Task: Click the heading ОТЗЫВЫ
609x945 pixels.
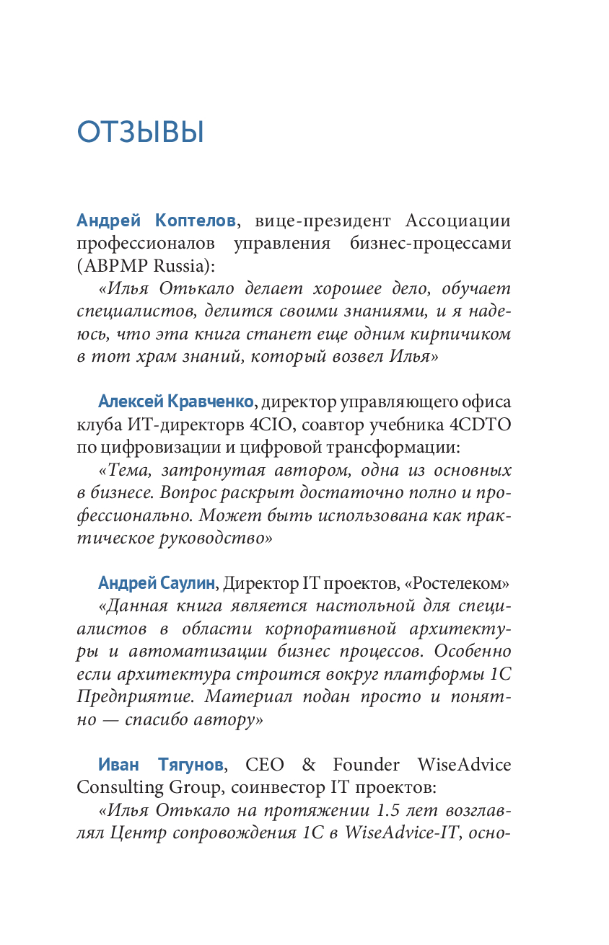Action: (x=141, y=133)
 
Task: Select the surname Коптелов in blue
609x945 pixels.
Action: (x=195, y=221)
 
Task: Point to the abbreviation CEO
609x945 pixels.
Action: (x=265, y=763)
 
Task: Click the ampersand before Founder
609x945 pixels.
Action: (x=308, y=763)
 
